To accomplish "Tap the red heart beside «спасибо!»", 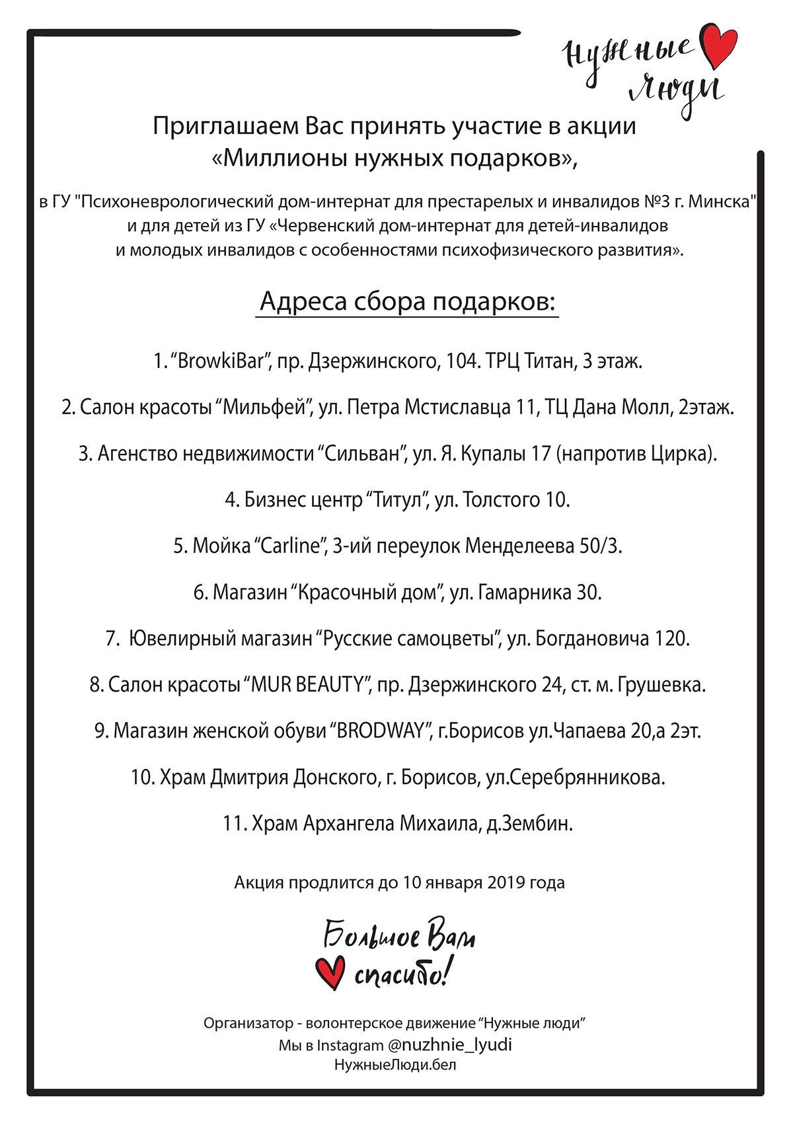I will [x=330, y=972].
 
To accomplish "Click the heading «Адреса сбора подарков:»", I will [x=408, y=301].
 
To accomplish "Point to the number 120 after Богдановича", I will [x=671, y=639].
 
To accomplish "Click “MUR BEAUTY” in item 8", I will [x=307, y=685].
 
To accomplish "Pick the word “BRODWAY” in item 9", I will [x=381, y=731].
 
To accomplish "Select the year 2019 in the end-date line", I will [x=506, y=883].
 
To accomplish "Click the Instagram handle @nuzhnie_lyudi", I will [x=449, y=1044].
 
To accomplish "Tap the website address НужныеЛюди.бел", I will [x=395, y=1065].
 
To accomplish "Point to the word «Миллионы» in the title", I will [x=279, y=159].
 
